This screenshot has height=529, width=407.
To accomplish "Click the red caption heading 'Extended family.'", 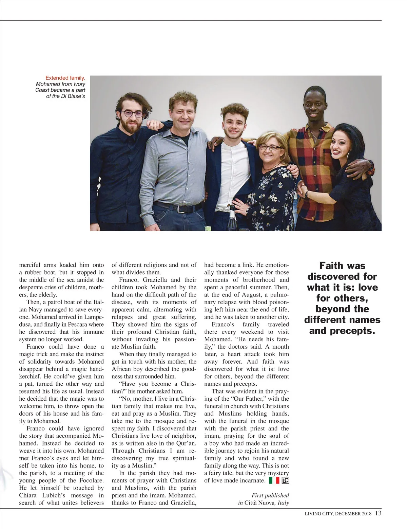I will pos(65,78).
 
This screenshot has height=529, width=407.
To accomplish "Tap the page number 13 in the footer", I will pos(378,513).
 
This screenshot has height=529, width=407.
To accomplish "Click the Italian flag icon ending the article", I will pos(274,480).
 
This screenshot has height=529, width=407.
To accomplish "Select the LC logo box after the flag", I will pos(285,480).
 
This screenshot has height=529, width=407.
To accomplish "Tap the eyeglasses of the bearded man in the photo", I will pos(133,114).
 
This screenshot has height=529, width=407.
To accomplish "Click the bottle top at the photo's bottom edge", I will pos(232,215).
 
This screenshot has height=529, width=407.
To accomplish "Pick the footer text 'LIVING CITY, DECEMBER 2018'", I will pos(338,513).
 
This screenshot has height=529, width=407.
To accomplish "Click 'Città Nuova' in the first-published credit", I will pos(260,503).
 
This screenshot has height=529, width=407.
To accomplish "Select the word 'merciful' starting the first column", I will pos(30,265).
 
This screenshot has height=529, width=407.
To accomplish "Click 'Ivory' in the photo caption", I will pos(79,84).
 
